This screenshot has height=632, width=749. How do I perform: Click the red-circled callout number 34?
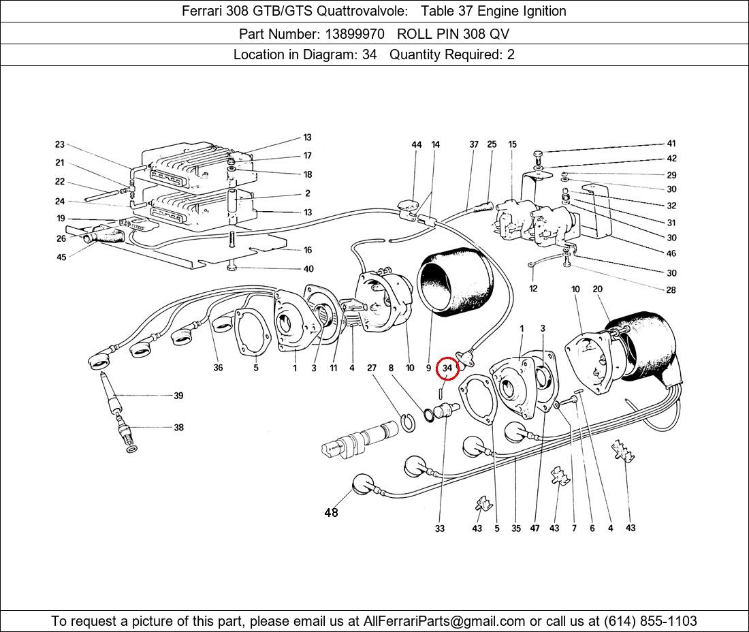click(447, 368)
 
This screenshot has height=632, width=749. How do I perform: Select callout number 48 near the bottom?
click(331, 513)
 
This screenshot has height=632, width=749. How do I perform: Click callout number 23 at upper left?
click(60, 144)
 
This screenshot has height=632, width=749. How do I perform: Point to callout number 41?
click(671, 144)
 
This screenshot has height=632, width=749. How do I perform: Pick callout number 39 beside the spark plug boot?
click(178, 396)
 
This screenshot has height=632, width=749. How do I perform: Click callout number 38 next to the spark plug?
click(178, 428)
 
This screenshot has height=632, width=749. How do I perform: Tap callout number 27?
click(372, 368)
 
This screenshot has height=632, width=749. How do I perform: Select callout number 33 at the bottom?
click(440, 528)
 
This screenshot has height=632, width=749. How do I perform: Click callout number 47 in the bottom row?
click(536, 528)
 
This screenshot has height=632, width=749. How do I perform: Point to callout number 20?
click(598, 289)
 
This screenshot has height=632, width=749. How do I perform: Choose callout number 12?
click(533, 289)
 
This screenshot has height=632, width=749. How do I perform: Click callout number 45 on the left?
click(61, 257)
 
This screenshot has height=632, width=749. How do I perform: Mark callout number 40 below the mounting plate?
click(308, 269)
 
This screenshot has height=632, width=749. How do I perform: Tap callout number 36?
click(218, 368)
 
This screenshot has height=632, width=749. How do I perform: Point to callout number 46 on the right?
click(671, 253)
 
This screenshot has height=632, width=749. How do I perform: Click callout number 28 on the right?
click(671, 290)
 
